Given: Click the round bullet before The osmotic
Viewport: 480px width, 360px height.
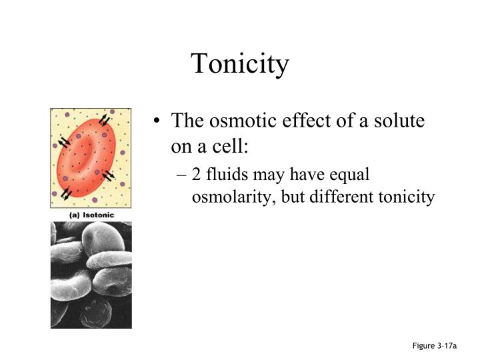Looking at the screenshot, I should click(157, 123).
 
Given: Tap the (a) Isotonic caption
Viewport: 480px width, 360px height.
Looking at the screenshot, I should click(91, 215).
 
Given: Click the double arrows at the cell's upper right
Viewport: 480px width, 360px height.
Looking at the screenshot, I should click(105, 121).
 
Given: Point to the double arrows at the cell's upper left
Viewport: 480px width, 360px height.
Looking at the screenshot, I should click(64, 142).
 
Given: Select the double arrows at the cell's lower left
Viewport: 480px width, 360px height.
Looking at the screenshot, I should click(67, 193).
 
